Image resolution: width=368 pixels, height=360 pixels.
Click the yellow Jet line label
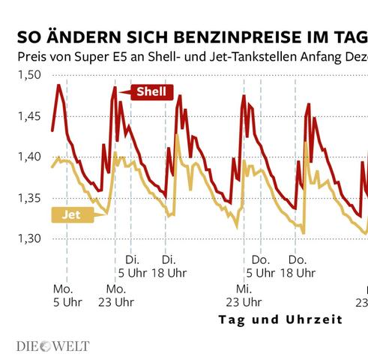tap(71, 214)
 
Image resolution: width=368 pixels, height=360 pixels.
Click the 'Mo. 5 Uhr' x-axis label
tap(65, 295)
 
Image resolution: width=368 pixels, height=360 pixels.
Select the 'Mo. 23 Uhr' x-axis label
tap(115, 295)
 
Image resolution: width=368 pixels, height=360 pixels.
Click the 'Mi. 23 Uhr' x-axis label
tap(244, 295)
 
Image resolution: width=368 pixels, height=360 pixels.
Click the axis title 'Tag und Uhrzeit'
tap(280, 319)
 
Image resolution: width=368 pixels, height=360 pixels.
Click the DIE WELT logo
tap(52, 346)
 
